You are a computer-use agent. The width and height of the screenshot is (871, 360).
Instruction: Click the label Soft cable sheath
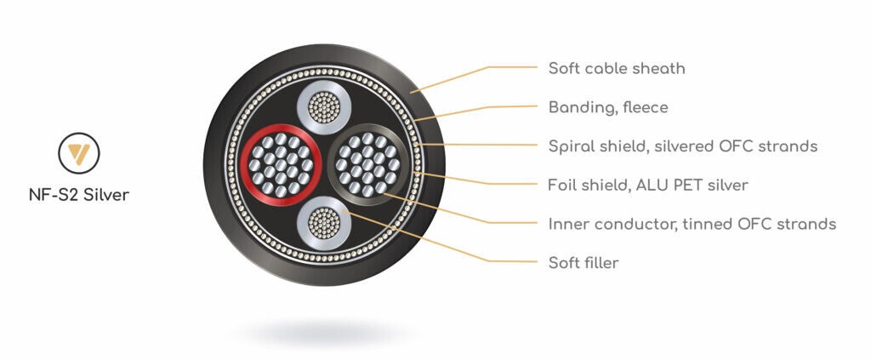616,68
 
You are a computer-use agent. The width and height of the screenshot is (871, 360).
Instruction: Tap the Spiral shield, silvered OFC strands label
682,146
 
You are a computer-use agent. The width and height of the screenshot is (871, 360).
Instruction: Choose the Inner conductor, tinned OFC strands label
692,224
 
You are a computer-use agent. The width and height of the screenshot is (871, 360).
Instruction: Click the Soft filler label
583,263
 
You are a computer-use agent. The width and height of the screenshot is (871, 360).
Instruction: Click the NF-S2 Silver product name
78,195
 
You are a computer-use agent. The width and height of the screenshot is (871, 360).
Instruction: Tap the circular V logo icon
78,153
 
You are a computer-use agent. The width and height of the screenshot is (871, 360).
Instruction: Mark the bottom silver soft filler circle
322,223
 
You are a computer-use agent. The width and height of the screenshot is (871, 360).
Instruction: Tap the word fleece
646,108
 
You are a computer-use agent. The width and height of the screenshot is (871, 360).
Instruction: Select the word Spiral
572,146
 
